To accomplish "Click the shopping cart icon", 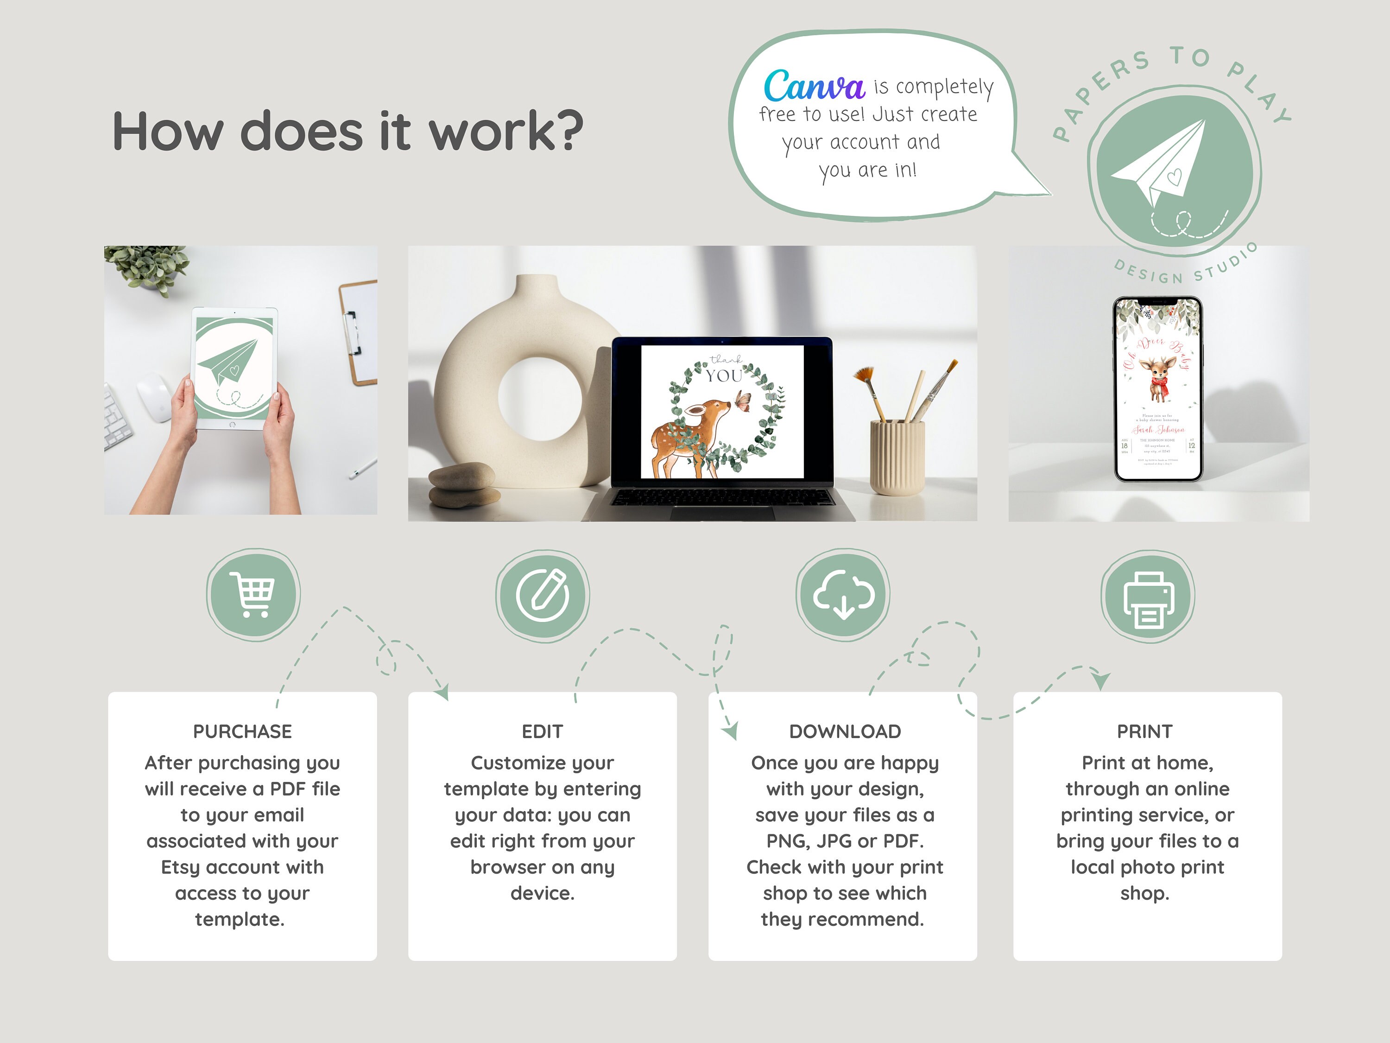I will tap(253, 594).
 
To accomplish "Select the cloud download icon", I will tap(843, 595).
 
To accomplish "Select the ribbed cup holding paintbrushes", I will tap(897, 457).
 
